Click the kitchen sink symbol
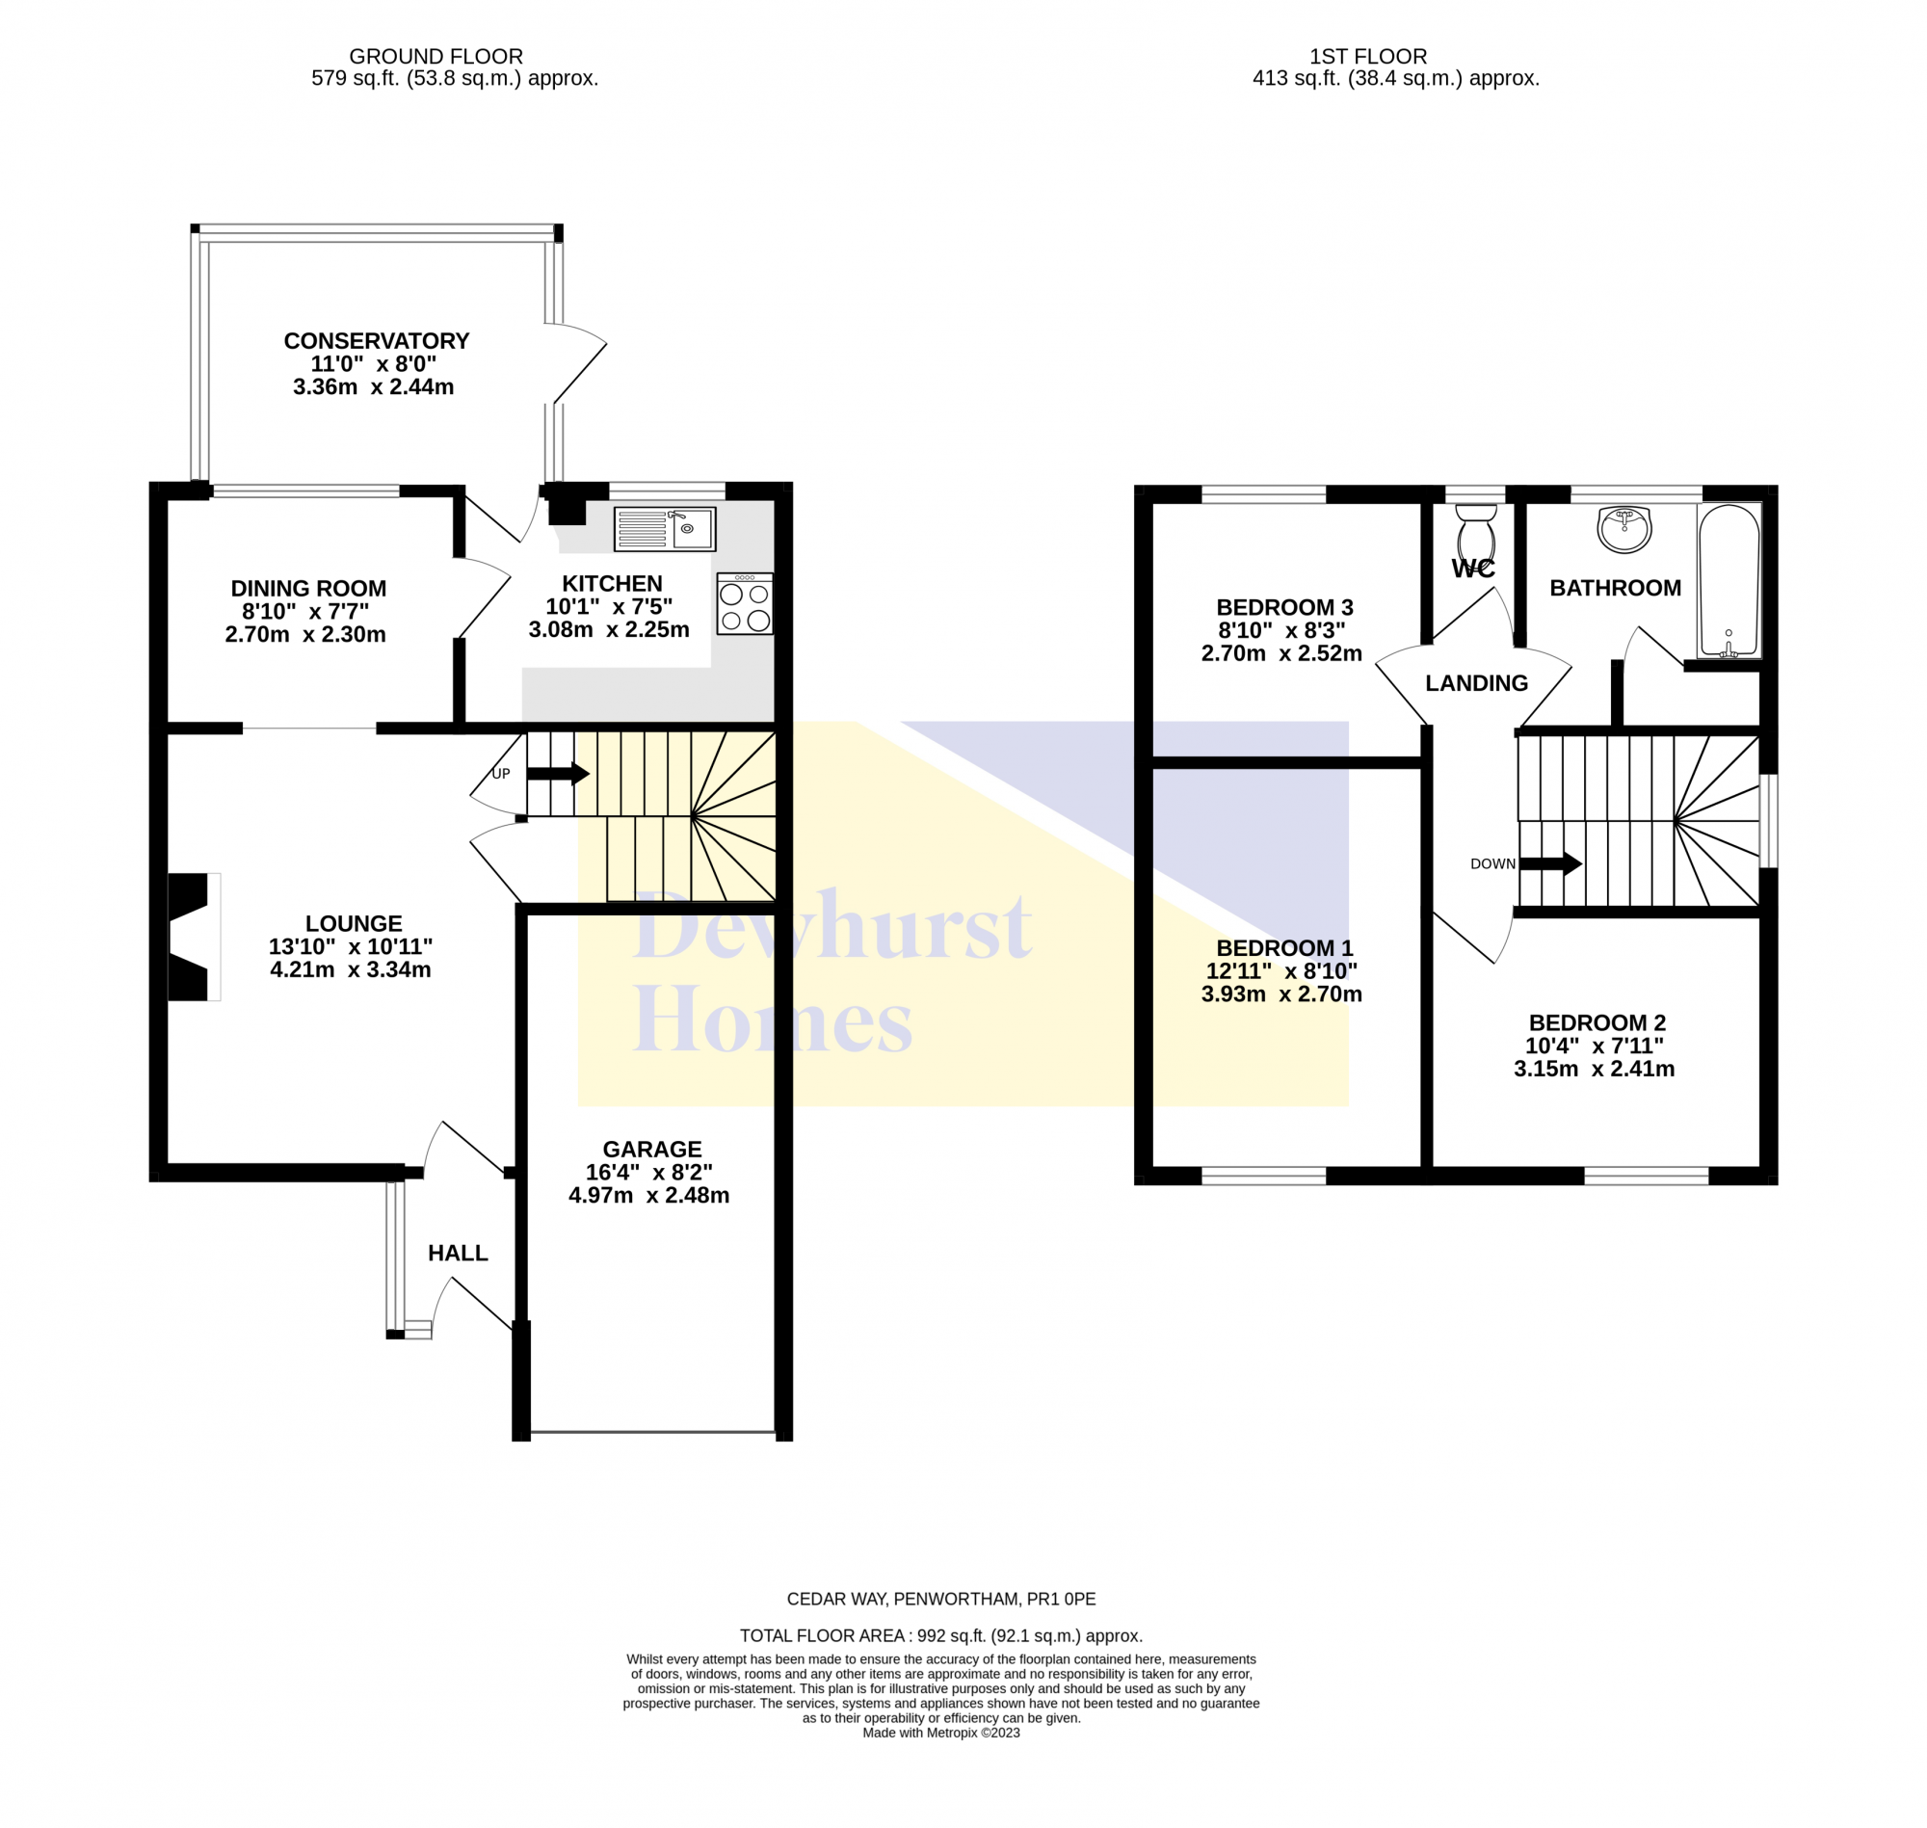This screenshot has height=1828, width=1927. point(665,528)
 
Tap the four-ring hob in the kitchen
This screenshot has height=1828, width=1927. point(744,604)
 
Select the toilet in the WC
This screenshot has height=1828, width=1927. point(1476,531)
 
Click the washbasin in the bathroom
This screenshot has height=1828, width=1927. point(1624,529)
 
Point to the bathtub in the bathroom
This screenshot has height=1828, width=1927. point(1729,581)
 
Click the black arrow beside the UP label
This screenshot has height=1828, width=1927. point(558,774)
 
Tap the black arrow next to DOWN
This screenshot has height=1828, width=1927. point(1550,863)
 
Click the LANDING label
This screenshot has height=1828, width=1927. point(1476,683)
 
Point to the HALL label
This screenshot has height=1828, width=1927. point(458,1253)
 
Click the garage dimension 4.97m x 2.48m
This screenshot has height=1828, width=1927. point(648,1196)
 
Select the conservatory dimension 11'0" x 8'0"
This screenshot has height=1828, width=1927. point(373,364)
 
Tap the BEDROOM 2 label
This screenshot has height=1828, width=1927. point(1597,1023)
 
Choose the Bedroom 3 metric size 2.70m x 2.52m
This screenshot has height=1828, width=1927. point(1281,654)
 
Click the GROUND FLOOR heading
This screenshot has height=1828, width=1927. point(436,57)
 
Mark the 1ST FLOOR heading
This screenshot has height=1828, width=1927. point(1368,57)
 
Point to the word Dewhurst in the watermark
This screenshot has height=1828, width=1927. point(833,925)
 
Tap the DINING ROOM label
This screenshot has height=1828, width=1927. point(309,589)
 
